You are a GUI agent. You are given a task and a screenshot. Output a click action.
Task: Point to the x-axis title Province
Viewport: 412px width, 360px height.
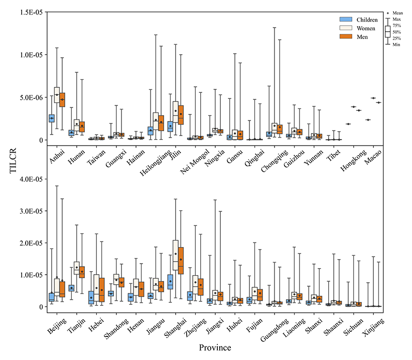click(215, 347)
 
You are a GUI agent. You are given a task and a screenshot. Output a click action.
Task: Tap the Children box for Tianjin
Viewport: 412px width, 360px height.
click(71, 288)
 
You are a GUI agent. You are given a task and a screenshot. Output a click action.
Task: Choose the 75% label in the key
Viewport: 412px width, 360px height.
click(396, 25)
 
